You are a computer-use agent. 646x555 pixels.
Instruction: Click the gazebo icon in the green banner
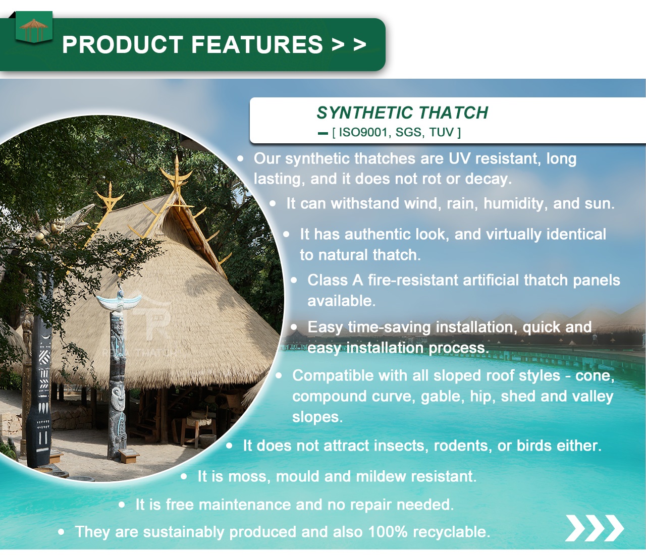click(34, 29)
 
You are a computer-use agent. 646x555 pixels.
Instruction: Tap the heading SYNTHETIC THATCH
click(402, 113)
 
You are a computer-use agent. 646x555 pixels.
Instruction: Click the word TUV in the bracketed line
click(441, 133)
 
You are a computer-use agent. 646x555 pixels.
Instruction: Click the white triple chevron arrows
click(594, 528)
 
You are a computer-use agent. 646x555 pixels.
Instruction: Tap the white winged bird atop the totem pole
click(119, 302)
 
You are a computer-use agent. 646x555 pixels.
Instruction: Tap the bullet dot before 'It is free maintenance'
click(122, 505)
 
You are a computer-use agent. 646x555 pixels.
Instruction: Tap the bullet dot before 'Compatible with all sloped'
click(279, 375)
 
